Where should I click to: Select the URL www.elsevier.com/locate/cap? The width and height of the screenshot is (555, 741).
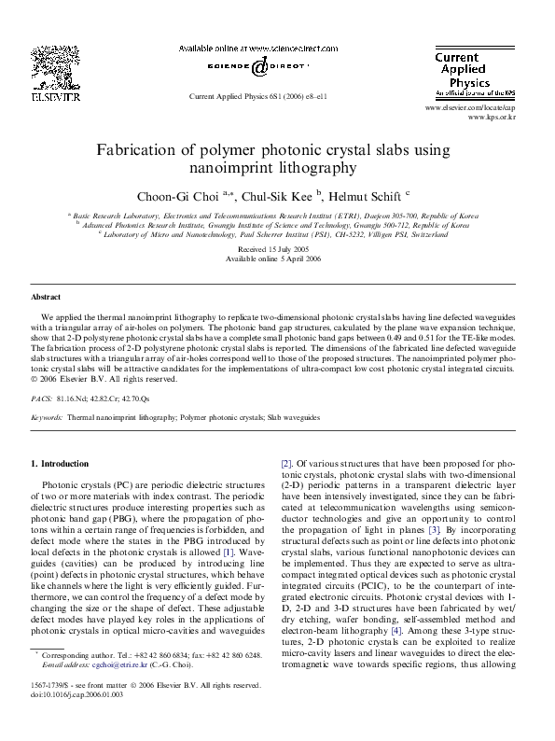(x=469, y=109)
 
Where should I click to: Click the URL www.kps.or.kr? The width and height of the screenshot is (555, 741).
(x=492, y=119)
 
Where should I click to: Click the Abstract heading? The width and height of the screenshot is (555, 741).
(x=46, y=296)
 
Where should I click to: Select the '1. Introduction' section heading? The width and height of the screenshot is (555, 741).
(x=61, y=464)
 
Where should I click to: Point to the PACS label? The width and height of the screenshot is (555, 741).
(x=42, y=398)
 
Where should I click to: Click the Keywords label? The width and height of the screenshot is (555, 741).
(x=47, y=417)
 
